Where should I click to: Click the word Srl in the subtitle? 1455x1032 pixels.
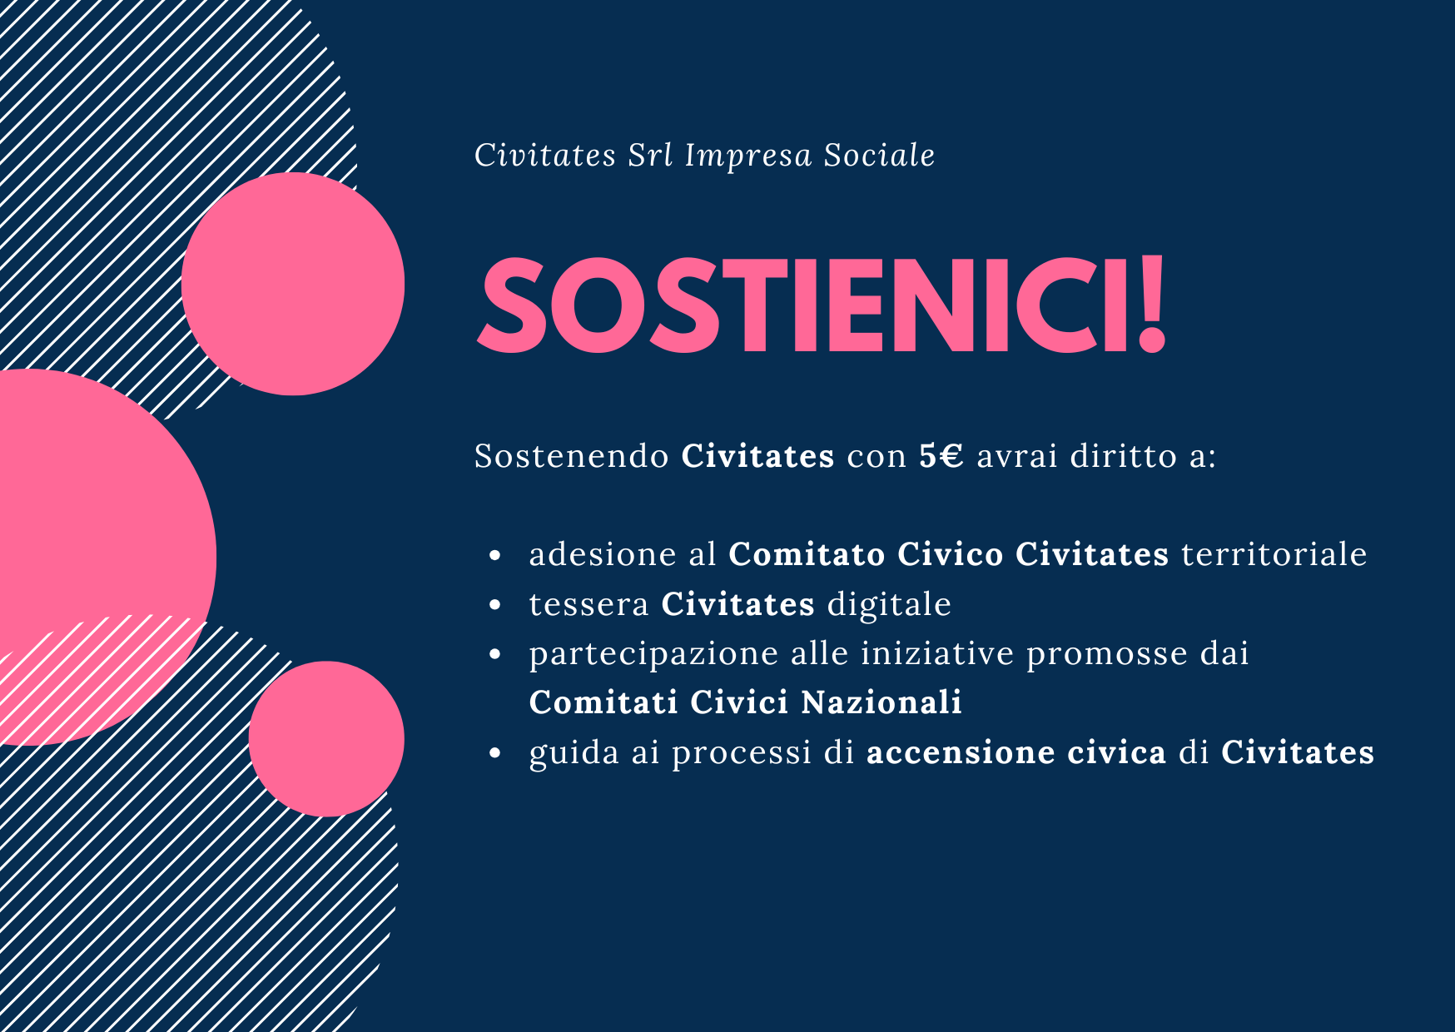tap(650, 155)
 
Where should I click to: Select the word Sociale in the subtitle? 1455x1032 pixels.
tap(880, 155)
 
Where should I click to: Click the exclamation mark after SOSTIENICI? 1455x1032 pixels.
tap(1151, 305)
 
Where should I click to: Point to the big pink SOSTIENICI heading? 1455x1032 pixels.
tap(822, 305)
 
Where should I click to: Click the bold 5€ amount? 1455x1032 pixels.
tap(941, 456)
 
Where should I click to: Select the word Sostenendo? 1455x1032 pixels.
tap(572, 456)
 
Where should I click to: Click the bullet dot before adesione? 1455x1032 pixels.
tap(496, 555)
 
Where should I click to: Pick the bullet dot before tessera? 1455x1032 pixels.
tap(496, 605)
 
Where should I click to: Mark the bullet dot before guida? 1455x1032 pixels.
tap(496, 753)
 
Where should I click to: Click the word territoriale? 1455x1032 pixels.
tap(1274, 554)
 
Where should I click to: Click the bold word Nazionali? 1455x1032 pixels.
tap(882, 702)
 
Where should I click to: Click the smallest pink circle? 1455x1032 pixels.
tap(326, 739)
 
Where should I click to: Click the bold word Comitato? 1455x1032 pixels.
tap(807, 554)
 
